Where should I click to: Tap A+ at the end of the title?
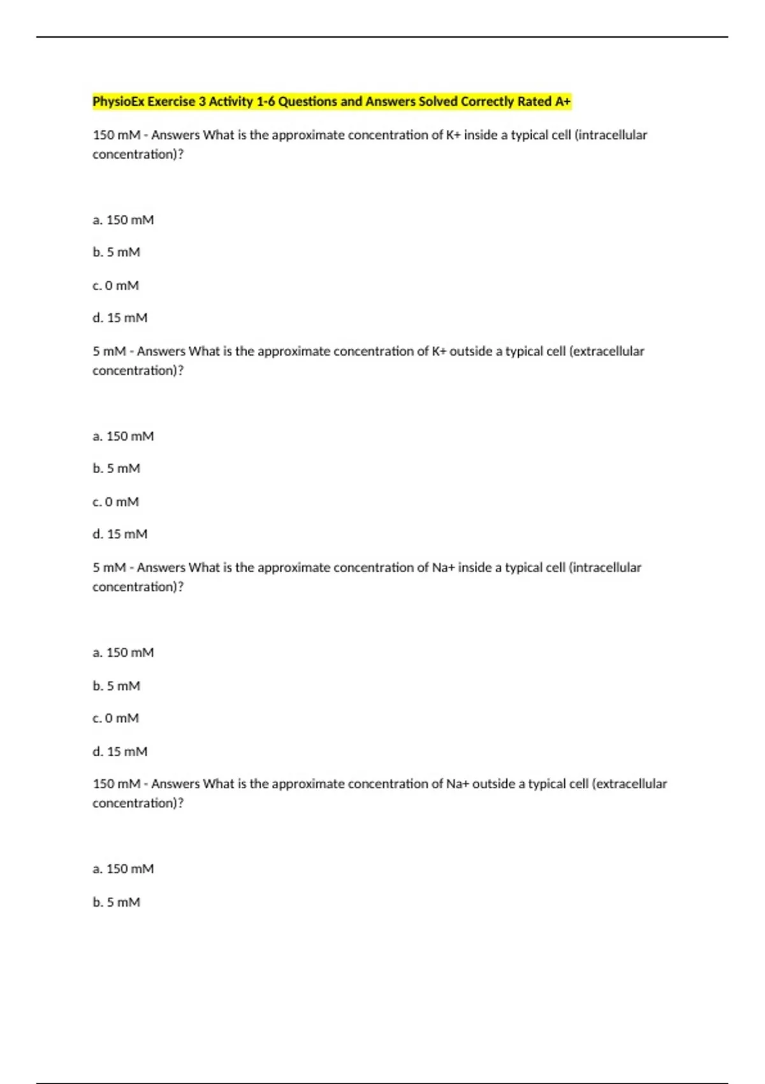562,101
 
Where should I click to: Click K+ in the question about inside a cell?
453,135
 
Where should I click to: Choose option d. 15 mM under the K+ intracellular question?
120,318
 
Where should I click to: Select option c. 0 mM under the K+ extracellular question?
115,502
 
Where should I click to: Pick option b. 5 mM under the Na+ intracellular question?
116,686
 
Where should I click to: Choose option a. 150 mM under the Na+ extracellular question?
123,868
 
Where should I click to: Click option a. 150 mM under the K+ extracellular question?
123,436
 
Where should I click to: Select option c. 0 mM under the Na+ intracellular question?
115,718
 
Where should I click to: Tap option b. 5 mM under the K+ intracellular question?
116,252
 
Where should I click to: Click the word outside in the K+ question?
470,351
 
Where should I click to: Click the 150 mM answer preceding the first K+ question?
116,135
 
